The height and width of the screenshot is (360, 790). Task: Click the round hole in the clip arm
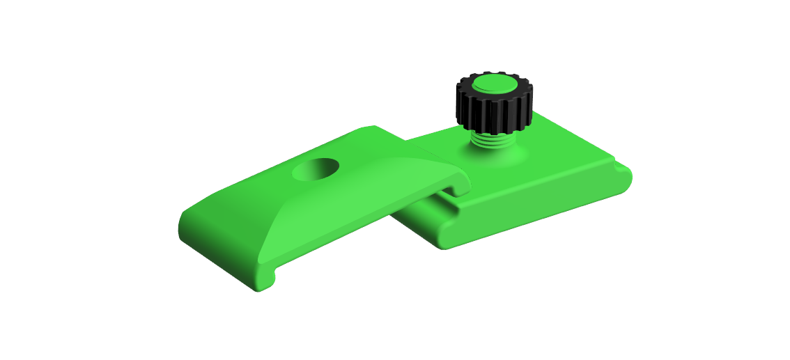[316, 169]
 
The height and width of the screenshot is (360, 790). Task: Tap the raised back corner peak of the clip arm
[373, 130]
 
